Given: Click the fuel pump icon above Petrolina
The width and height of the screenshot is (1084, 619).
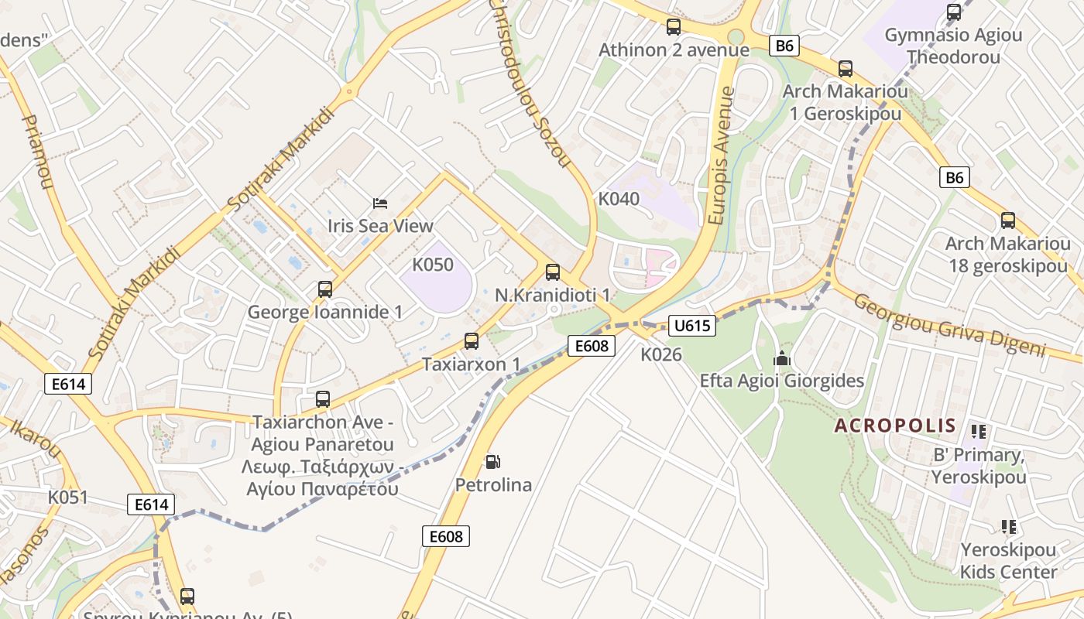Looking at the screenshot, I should click(492, 462).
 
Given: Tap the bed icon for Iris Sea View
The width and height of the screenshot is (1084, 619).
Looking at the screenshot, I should click(380, 203).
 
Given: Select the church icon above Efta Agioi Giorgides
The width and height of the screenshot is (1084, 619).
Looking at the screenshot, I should click(782, 358).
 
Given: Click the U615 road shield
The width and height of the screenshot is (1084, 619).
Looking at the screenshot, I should click(692, 326).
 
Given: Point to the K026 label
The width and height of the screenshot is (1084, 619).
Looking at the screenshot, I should click(661, 354).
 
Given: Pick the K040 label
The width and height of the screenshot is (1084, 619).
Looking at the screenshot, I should click(619, 199).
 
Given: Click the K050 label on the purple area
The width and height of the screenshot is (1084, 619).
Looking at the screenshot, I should click(433, 265).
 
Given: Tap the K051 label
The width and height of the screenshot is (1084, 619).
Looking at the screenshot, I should click(68, 497).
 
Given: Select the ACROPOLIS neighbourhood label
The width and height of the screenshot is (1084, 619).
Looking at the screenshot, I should click(895, 426).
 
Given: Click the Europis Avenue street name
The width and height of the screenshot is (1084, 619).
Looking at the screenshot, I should click(721, 156).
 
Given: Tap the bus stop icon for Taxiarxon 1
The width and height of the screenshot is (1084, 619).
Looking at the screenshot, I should click(471, 340).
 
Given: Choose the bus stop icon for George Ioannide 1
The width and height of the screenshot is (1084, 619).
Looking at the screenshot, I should click(325, 289).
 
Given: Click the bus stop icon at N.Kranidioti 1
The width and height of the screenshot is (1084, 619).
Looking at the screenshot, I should click(553, 272).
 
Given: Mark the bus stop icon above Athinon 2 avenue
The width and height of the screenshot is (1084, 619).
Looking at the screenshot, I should click(674, 27).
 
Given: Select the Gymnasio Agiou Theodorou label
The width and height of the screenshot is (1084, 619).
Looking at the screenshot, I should click(953, 46).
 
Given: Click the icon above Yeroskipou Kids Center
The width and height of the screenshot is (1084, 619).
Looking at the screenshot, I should click(1008, 527).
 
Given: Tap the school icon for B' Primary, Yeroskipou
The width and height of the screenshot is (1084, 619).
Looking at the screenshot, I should click(979, 432).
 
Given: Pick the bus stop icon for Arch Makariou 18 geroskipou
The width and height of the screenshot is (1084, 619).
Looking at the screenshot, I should click(1008, 221).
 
